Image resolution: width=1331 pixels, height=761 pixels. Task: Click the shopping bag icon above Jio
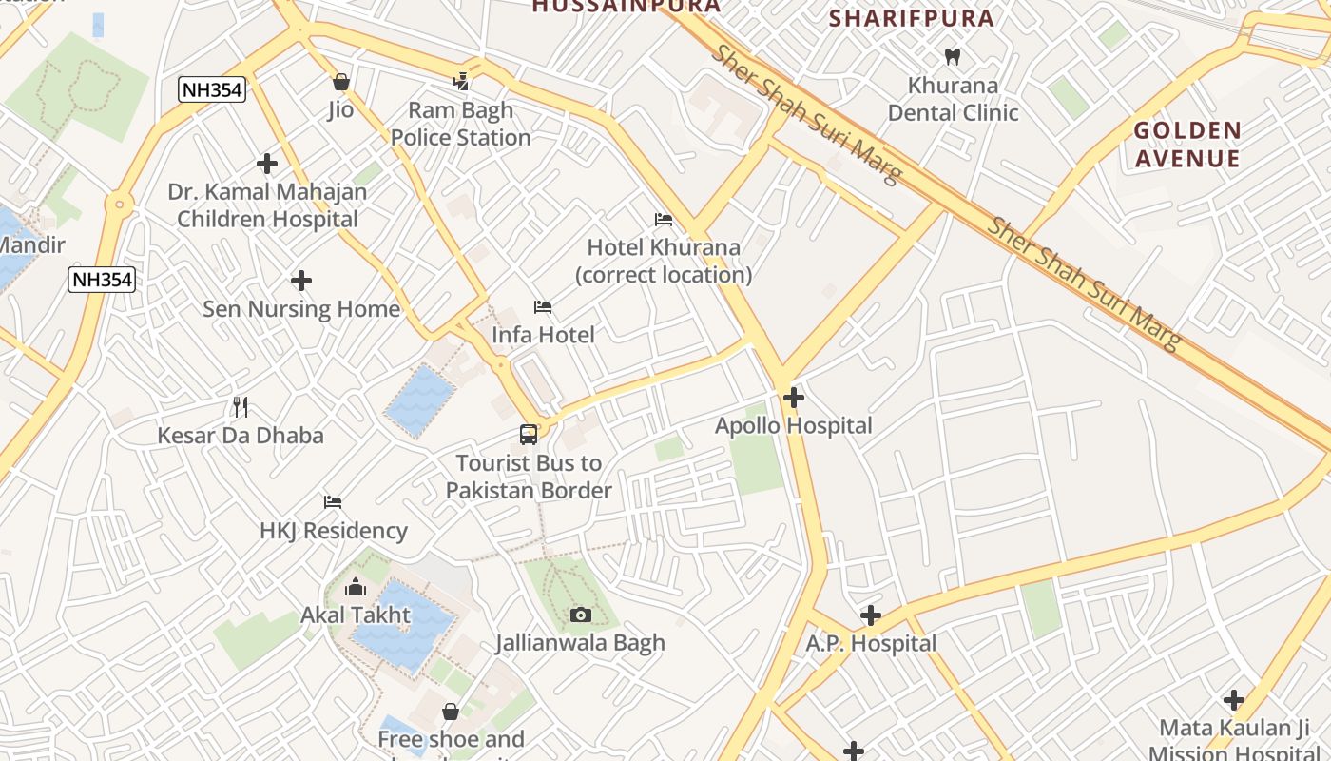tap(341, 82)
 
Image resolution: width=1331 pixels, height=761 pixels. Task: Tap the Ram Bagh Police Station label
tap(461, 124)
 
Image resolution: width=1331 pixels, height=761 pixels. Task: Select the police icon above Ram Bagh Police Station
tap(461, 82)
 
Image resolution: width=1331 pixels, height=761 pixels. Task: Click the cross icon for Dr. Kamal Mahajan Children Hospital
tap(267, 164)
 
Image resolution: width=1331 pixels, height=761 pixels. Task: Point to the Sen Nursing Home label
tap(301, 309)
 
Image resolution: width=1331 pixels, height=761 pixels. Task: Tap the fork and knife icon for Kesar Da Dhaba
tap(241, 407)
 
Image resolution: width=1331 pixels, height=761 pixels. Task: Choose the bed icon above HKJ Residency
tap(332, 501)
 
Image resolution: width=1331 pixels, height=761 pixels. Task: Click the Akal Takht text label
tap(356, 615)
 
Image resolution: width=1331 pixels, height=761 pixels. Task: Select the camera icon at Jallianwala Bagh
tap(580, 615)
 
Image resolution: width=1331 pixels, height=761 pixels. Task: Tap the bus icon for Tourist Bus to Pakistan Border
tap(529, 435)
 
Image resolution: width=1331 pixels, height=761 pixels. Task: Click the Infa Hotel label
tap(543, 335)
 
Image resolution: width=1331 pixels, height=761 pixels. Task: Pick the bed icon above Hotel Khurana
tap(664, 220)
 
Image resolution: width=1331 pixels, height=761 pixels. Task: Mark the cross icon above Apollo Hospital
tap(794, 397)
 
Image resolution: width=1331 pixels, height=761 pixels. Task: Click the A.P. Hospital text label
tap(871, 644)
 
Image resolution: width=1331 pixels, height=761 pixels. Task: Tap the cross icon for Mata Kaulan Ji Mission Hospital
tap(1234, 700)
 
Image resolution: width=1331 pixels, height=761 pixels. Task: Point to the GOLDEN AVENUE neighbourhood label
tap(1187, 144)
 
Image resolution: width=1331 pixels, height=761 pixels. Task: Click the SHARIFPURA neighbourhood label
tap(912, 18)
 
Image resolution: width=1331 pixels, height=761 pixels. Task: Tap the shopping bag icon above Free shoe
tap(451, 712)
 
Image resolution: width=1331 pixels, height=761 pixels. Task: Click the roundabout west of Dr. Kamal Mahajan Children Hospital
tap(119, 203)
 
